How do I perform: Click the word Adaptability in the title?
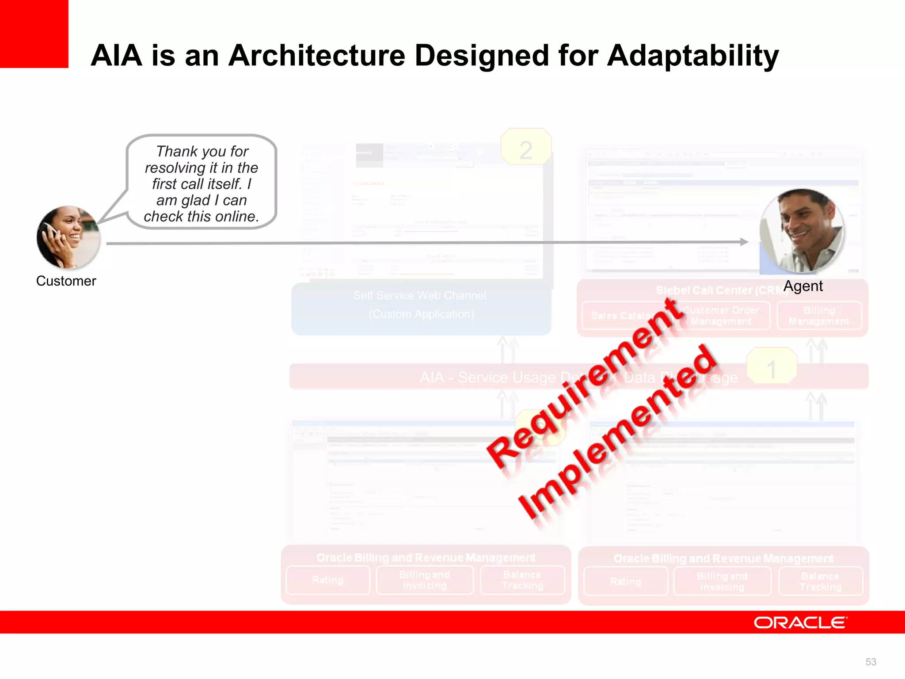pos(692,56)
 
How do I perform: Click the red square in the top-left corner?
pos(34,34)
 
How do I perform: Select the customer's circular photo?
pos(68,237)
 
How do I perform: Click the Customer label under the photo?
pos(66,281)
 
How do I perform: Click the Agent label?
pos(803,286)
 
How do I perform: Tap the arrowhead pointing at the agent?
pos(744,242)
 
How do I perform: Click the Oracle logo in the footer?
pos(800,622)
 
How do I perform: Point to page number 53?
pos(871,662)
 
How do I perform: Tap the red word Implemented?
pos(616,433)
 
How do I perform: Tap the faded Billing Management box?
pos(819,316)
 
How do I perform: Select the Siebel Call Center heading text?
pos(716,290)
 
